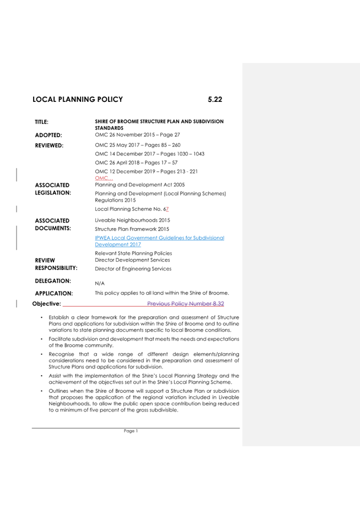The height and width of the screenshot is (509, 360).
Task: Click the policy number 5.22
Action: point(214,100)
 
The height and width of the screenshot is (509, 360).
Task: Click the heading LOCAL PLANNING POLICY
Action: point(77,100)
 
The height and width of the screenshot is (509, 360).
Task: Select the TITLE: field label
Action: point(42,122)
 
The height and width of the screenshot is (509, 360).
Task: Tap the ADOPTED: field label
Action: point(49,135)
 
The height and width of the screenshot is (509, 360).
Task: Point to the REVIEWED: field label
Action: point(50,146)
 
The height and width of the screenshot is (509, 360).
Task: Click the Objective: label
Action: point(47,304)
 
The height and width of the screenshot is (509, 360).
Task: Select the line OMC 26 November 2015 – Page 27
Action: point(137,134)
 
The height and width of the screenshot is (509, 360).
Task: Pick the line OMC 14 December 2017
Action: point(149,154)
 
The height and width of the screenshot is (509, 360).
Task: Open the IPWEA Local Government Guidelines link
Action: point(159,241)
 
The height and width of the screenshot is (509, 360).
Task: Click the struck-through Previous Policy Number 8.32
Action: point(185,304)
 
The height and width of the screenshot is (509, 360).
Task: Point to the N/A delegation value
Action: point(100,283)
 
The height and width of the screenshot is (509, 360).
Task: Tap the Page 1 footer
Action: point(131,431)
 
